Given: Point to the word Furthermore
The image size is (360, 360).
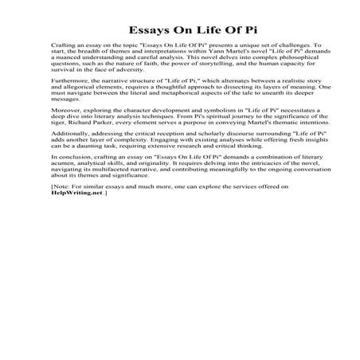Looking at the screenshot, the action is (x=68, y=91).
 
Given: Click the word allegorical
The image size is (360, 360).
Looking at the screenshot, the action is (x=72, y=98).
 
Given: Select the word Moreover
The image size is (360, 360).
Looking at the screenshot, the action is (x=64, y=123).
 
